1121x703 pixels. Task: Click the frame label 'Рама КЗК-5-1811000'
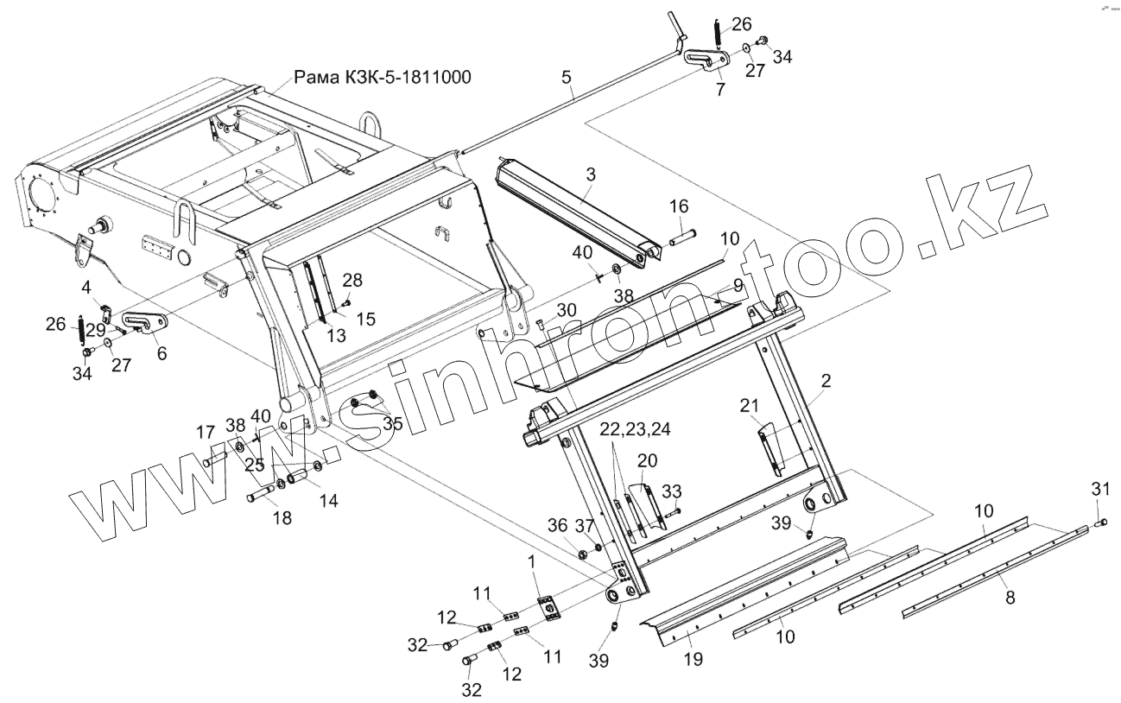pyautogui.click(x=383, y=78)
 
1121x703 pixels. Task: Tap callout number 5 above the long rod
pyautogui.click(x=567, y=78)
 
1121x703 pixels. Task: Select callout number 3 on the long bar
pyautogui.click(x=590, y=174)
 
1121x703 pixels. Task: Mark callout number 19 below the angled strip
pyautogui.click(x=692, y=659)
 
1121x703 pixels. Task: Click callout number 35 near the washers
pyautogui.click(x=392, y=423)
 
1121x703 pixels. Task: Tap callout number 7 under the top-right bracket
pyautogui.click(x=720, y=89)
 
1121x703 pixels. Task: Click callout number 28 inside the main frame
pyautogui.click(x=351, y=279)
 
